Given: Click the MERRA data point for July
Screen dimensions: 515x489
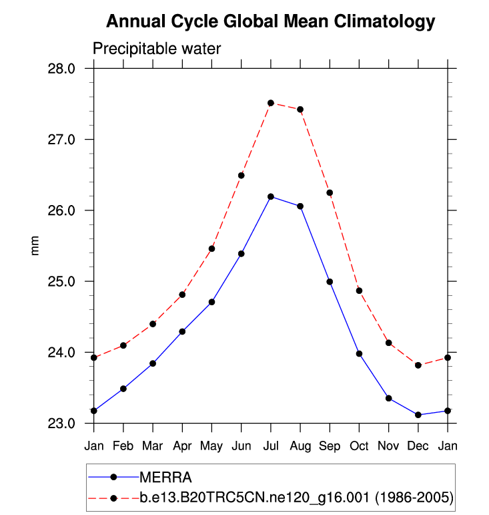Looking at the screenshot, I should pos(271,196).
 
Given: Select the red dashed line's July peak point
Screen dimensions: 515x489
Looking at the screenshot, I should pos(271,103).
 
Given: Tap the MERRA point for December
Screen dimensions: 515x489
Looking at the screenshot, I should pos(418,415).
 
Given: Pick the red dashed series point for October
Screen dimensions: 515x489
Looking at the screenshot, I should pos(359,291).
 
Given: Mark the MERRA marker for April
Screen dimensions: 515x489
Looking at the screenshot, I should pos(182,331).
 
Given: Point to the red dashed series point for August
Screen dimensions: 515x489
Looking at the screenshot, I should pos(300,110).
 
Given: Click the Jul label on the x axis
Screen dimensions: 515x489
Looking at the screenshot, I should pos(271,445).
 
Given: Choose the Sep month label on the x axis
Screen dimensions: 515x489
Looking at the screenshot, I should pos(330,445).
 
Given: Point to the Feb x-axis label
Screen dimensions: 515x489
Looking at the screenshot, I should pos(123,445).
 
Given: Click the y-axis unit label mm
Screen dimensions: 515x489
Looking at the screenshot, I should pos(36,246).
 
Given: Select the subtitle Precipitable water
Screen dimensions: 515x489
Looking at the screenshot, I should pos(157,49).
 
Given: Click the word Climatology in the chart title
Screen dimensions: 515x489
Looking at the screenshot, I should pos(386,21).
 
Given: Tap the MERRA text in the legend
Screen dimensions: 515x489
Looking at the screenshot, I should pos(165,477).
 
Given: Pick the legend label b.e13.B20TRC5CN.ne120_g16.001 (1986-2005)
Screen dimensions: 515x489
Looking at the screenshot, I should pos(296,498).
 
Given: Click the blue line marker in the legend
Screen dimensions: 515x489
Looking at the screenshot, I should pos(113,477).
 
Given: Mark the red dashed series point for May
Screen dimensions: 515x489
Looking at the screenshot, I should pos(212,248).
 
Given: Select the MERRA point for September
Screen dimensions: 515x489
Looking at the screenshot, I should pos(330,282).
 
